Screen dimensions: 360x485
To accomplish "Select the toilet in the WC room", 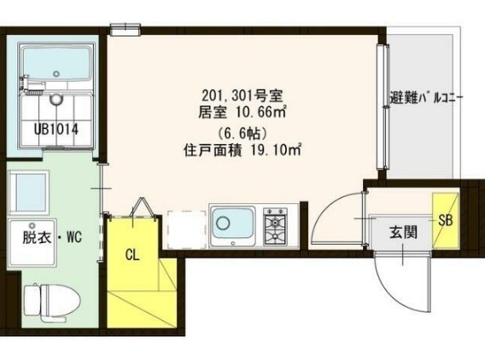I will tap(50, 300).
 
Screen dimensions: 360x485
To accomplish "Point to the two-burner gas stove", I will tap(277, 224).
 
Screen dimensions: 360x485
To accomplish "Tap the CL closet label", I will tap(132, 253).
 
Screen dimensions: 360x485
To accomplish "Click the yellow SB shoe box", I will tap(446, 219).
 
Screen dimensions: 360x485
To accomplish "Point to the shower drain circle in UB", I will tap(57, 99).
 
